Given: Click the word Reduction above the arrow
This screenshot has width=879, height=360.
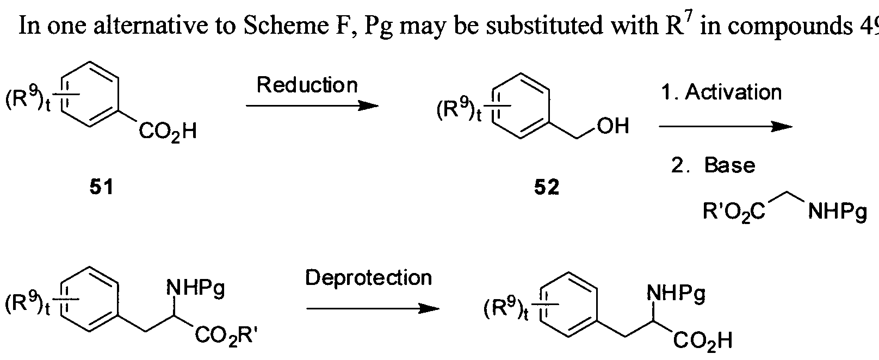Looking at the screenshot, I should click(307, 85).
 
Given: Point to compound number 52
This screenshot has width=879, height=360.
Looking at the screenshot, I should click(546, 188).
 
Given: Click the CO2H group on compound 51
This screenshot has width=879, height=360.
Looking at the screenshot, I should click(168, 132).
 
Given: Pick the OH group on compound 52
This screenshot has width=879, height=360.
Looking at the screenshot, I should click(612, 127).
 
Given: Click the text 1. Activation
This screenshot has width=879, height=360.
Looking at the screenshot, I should click(722, 92).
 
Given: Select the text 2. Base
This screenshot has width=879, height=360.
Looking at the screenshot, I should click(713, 165).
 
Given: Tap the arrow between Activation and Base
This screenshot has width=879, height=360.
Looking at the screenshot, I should click(726, 127).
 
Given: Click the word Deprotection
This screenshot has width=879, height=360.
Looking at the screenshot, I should click(368, 278).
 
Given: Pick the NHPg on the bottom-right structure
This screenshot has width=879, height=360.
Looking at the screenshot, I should click(676, 294).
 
